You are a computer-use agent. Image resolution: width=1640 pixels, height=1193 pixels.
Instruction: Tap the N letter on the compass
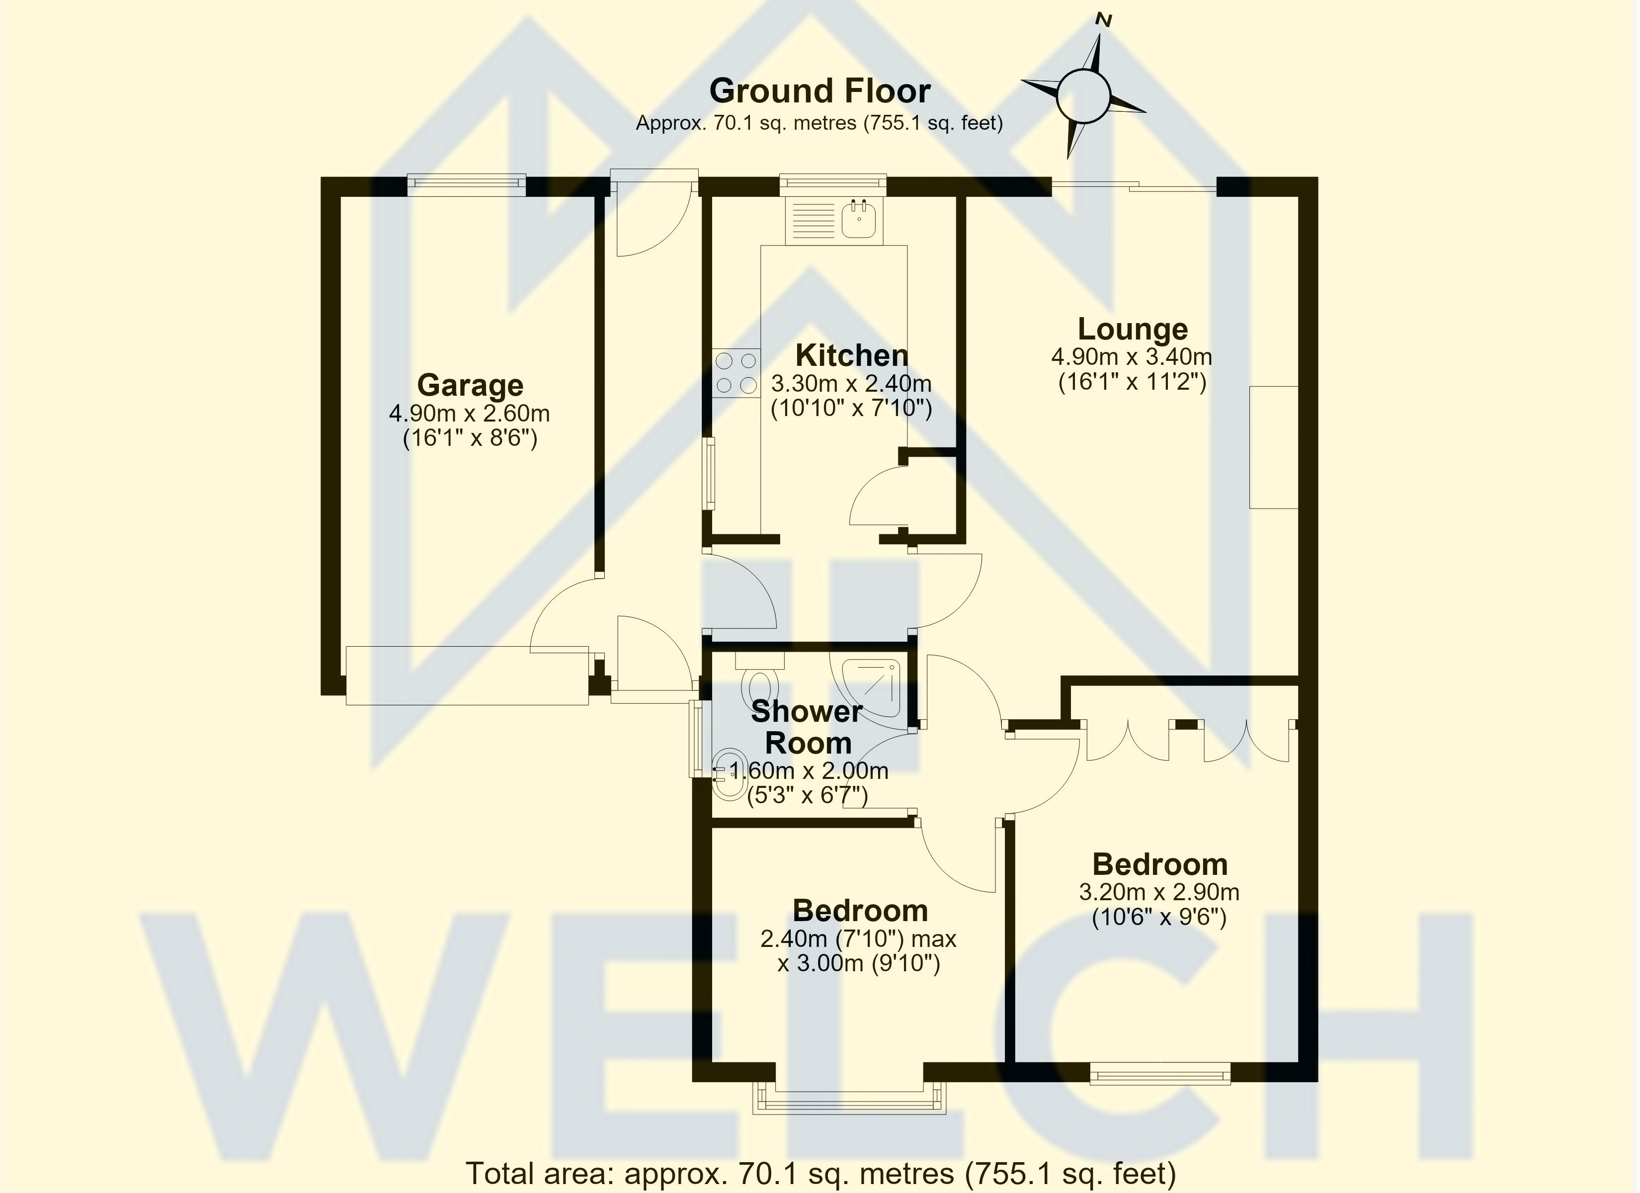[1103, 20]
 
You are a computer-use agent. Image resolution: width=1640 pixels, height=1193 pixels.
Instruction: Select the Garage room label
[470, 385]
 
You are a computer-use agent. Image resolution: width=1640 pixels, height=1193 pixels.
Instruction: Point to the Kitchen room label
[852, 355]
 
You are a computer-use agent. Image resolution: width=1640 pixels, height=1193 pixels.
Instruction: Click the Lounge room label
[1133, 329]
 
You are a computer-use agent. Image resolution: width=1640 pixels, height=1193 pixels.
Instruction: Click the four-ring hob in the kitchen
[736, 373]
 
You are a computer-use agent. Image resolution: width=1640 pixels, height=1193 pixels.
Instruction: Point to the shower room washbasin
[729, 774]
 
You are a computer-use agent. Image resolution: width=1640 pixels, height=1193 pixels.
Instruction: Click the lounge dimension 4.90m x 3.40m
[1132, 357]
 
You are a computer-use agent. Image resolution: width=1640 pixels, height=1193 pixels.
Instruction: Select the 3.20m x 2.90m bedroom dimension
[1159, 892]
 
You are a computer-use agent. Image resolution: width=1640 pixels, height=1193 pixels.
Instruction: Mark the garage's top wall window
[466, 184]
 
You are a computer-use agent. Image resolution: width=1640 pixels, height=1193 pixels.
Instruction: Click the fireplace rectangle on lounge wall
[1274, 447]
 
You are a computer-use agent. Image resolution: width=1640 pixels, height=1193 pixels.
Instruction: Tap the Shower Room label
[808, 727]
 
